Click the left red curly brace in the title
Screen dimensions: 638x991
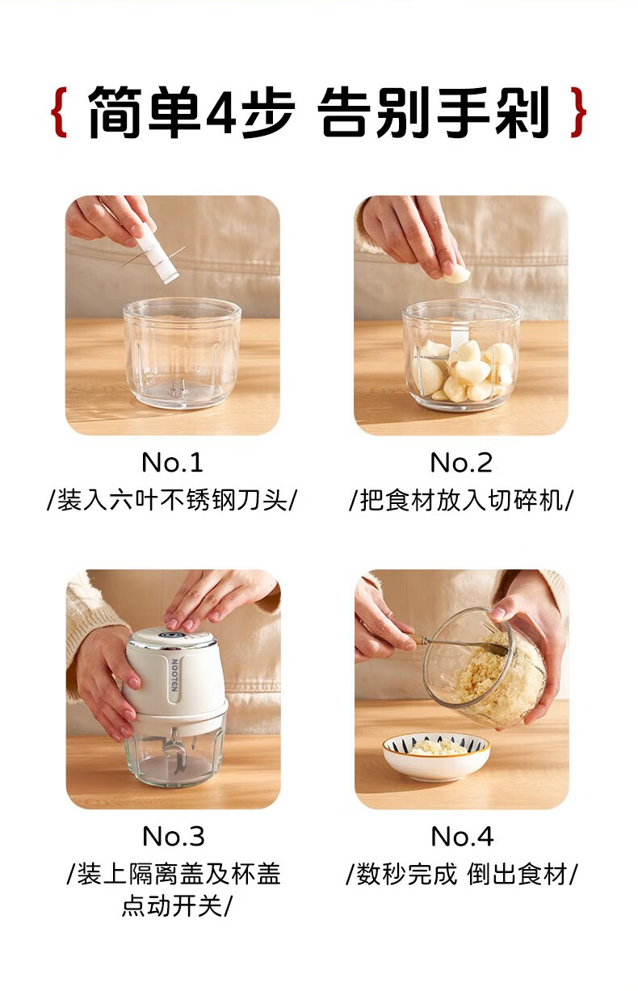click(59, 112)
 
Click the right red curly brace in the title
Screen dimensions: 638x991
click(577, 112)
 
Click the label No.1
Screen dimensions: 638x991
click(172, 463)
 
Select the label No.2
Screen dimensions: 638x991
click(461, 463)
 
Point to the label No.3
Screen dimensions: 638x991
click(174, 836)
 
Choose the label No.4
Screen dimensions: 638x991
click(462, 836)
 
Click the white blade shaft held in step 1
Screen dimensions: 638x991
click(157, 254)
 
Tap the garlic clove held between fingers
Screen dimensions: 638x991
click(456, 275)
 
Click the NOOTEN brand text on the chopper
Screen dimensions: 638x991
click(174, 674)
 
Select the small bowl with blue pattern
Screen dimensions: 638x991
click(436, 757)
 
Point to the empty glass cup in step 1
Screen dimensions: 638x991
click(182, 354)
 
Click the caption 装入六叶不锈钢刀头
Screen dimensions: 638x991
click(172, 501)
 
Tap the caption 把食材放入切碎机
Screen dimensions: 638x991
click(461, 501)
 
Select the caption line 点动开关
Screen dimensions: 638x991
click(176, 905)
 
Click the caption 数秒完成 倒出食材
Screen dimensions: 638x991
click(461, 874)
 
